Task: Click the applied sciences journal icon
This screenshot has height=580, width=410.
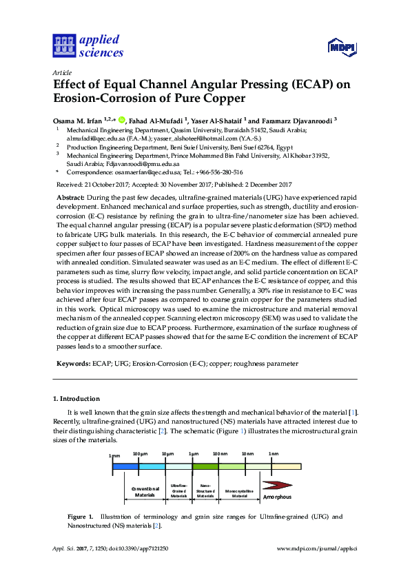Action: point(63,46)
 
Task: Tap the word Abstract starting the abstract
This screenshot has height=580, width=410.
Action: point(70,197)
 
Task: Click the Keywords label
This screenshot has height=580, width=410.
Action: point(72,362)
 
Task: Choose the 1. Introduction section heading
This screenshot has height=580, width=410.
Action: point(76,399)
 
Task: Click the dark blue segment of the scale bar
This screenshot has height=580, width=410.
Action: point(125,466)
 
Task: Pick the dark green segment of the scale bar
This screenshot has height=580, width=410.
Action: point(205,466)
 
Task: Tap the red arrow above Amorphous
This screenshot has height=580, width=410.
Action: point(283,484)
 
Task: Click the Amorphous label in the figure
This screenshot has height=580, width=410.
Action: point(277,497)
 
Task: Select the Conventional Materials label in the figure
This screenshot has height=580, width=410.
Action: point(144,492)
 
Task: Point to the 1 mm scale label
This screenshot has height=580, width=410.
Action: point(114,455)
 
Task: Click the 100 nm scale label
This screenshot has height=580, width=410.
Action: point(220,455)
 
